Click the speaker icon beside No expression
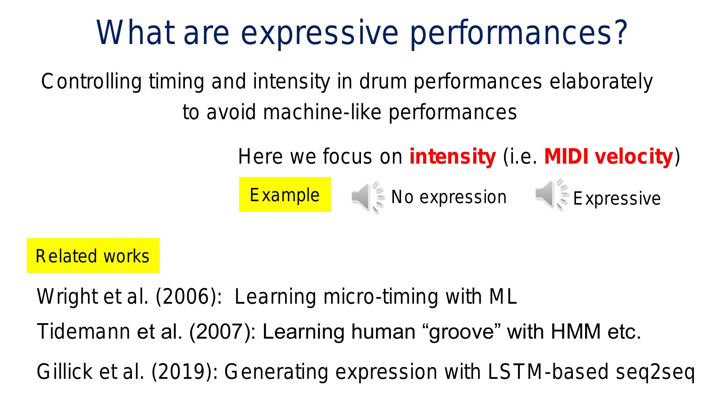(x=367, y=197)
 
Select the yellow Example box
(x=285, y=194)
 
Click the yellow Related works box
(x=93, y=255)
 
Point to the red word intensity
(x=452, y=156)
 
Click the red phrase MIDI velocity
(x=609, y=156)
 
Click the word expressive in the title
(x=320, y=34)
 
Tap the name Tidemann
(x=84, y=331)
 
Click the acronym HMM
(x=576, y=331)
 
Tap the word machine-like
(x=322, y=112)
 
